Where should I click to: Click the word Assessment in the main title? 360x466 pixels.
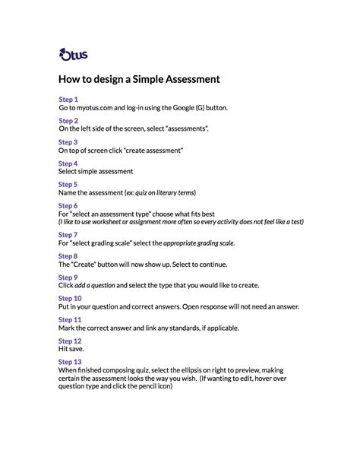pos(188,78)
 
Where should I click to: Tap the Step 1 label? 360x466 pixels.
pos(68,100)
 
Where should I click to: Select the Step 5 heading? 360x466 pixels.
pos(68,185)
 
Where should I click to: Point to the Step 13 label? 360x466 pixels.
pos(70,362)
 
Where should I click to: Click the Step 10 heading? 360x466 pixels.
pos(70,299)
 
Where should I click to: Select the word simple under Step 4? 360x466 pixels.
pos(90,172)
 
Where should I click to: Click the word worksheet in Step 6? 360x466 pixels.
pos(120,222)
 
